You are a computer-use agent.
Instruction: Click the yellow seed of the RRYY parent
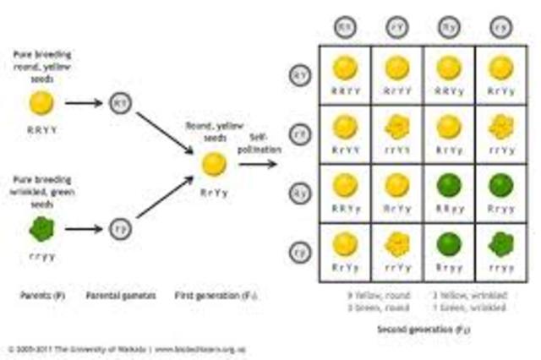point(39,103)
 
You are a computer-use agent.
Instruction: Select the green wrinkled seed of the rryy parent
point(39,228)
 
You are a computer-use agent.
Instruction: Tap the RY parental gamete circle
point(117,103)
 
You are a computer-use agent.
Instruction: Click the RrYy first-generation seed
point(213,163)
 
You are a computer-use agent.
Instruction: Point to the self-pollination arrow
point(259,163)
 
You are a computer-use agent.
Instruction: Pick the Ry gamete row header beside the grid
point(297,191)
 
